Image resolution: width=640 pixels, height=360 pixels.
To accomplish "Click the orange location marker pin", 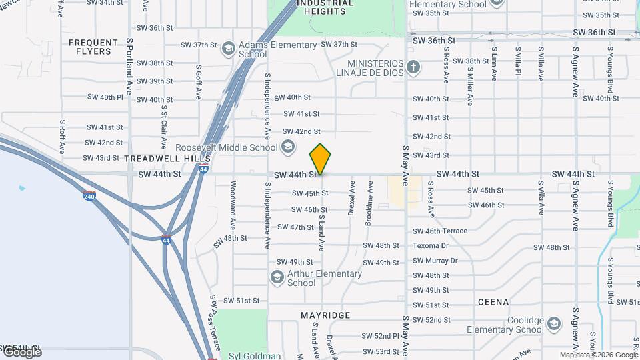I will [320, 159].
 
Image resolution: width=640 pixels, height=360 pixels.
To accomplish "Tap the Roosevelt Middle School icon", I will [288, 147].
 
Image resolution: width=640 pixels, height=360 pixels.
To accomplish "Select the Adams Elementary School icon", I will [229, 49].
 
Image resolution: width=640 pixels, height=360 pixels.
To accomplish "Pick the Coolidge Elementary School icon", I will [553, 324].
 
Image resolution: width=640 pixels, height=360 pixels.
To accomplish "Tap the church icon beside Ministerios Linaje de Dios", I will [413, 67].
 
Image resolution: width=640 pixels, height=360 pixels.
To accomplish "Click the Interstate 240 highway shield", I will [90, 195].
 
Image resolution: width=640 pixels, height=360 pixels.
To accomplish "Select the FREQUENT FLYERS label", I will [89, 47].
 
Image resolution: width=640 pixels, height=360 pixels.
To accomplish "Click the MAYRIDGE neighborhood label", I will [325, 315].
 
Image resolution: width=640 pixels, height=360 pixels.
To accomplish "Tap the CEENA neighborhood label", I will [493, 302].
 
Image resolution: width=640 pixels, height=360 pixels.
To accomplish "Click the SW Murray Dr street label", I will [435, 261].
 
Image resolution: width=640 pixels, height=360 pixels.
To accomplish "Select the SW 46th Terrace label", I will [440, 231].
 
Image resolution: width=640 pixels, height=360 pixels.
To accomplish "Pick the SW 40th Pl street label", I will [105, 97].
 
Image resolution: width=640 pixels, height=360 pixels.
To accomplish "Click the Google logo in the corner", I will [21, 351].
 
